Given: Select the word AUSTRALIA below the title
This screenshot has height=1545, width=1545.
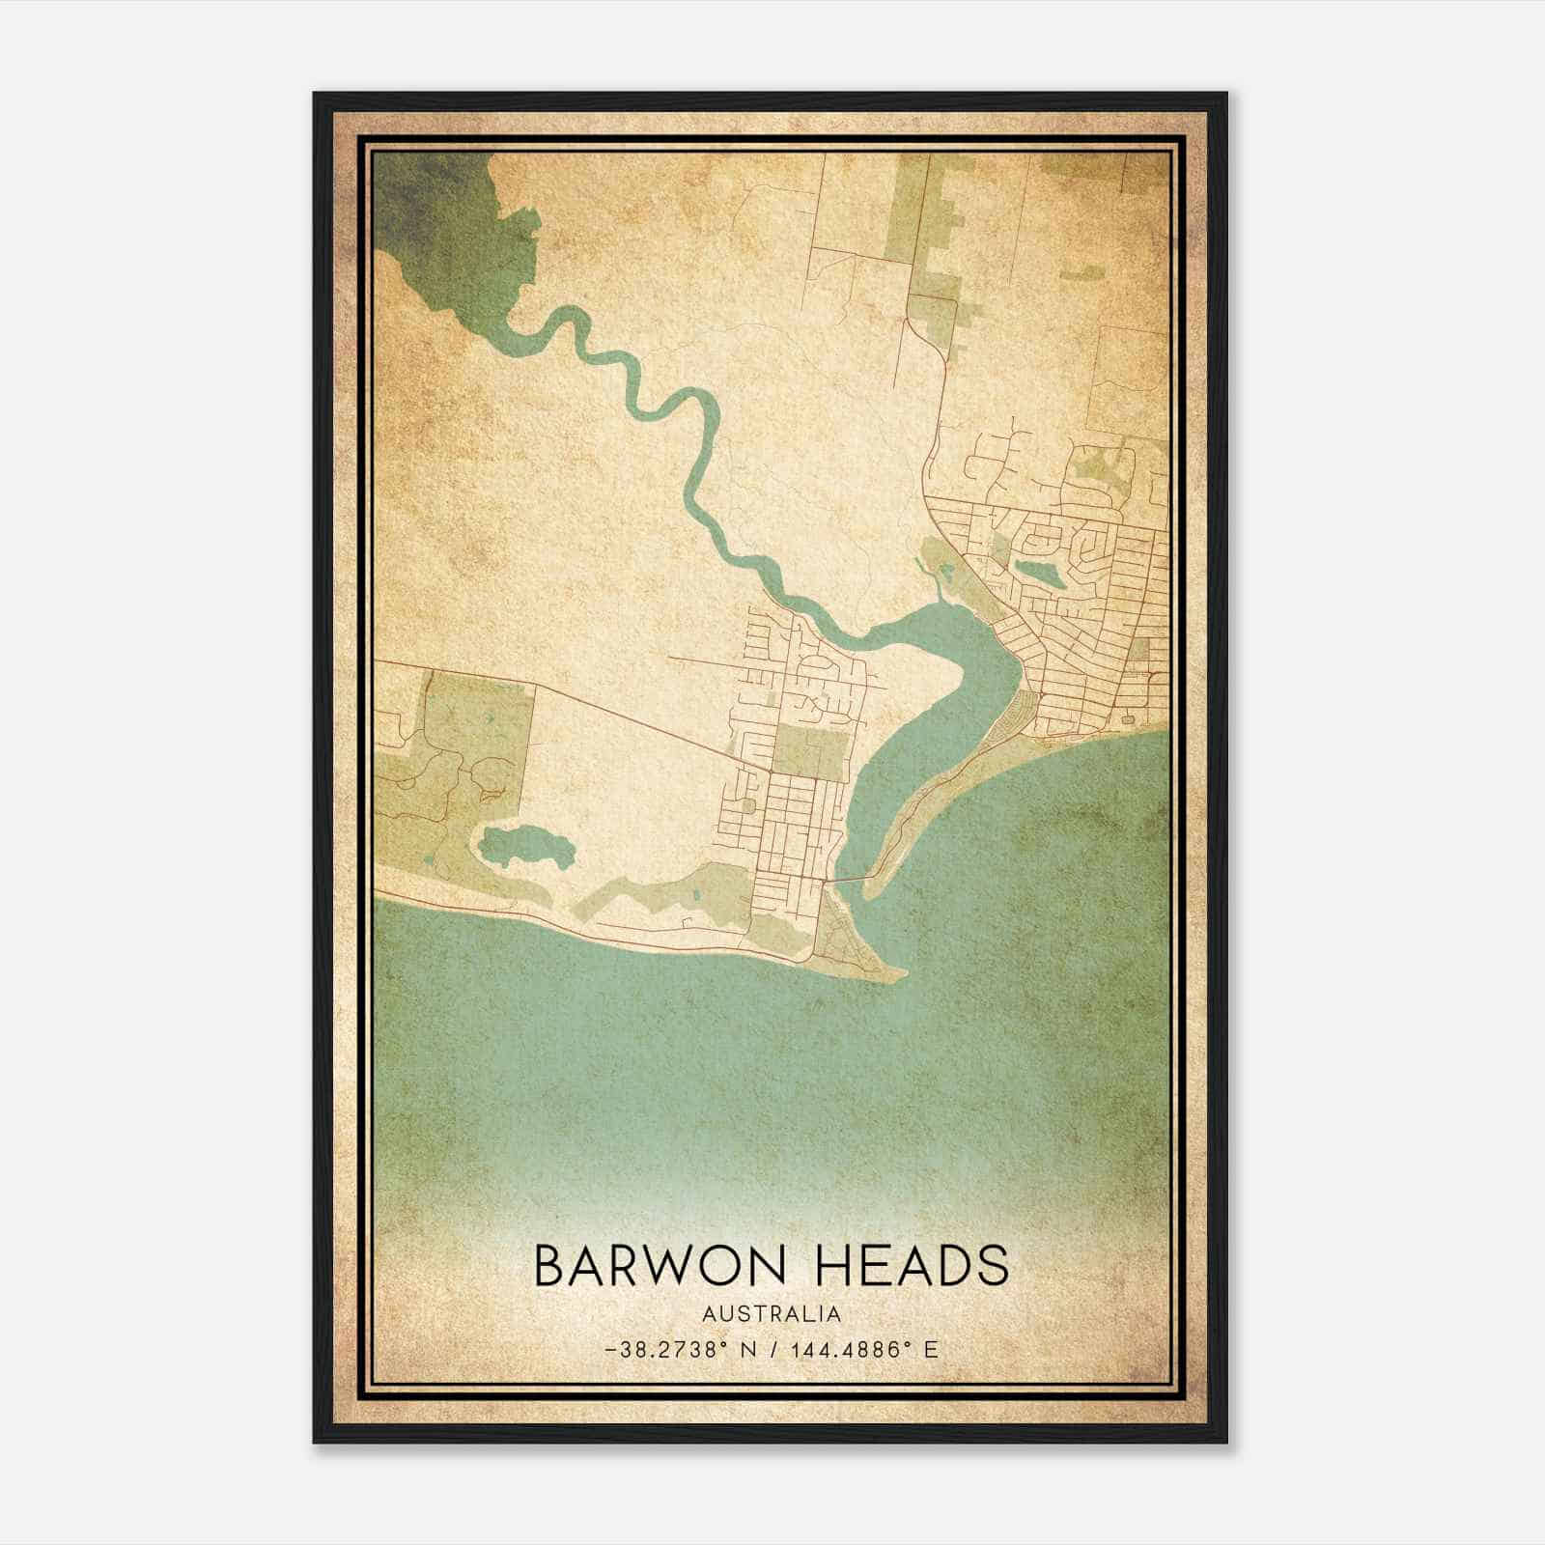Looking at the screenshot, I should [x=772, y=1314].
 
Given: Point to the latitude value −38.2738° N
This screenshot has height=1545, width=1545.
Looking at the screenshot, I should [x=671, y=1349].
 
